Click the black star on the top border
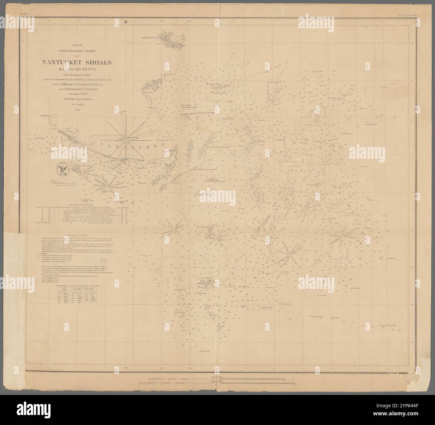tap(126, 22)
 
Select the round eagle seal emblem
tap(63, 169)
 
